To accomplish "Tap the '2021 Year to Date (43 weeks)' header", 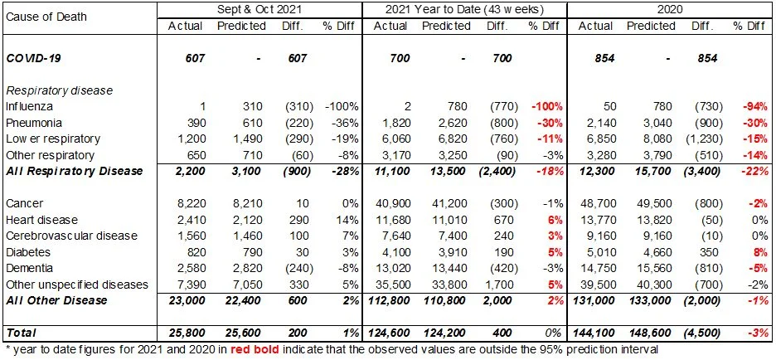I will point(465,9).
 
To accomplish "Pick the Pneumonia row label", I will point(32,122).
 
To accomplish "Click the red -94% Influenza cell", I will point(751,107).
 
